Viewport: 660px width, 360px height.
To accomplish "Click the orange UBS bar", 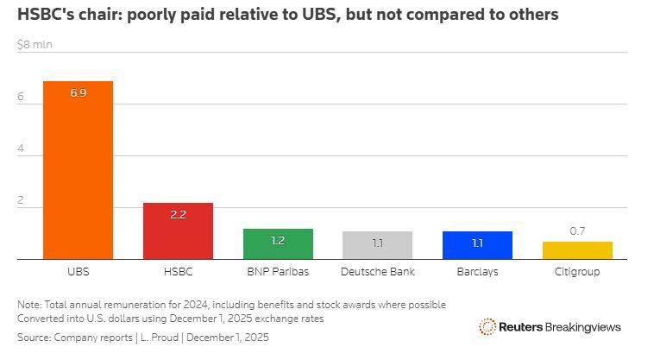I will pos(78,173).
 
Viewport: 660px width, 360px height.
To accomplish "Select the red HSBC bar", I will pos(178,233).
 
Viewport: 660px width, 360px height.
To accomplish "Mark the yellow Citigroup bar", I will pos(577,250).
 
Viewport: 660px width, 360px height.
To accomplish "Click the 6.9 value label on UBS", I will pos(78,92).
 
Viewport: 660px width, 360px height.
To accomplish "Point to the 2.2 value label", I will pos(178,214).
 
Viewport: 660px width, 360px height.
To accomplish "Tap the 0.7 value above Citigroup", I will pos(577,231).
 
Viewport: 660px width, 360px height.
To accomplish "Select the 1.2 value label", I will pos(278,241).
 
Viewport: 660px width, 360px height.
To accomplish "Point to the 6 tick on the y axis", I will pos(21,98).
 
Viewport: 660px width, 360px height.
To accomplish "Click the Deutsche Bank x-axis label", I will pos(377,271).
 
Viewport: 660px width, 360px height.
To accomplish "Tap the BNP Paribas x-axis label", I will pos(278,271).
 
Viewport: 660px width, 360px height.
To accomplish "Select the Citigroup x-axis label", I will pos(577,271).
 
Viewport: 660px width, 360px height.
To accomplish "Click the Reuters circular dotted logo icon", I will pos(487,326).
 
